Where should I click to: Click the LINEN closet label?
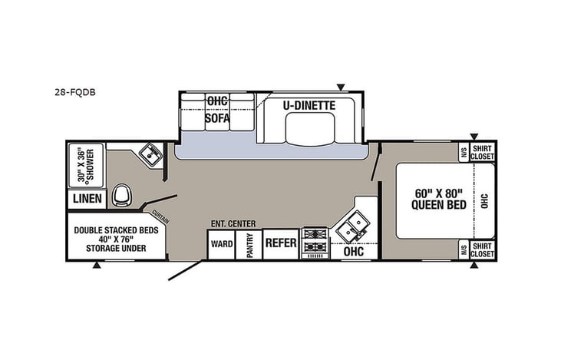[x=87, y=199]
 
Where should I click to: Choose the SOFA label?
[x=217, y=118]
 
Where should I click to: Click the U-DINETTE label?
[x=307, y=103]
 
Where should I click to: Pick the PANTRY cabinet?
[x=249, y=244]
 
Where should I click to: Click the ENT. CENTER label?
[x=233, y=223]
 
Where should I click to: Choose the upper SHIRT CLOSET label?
[x=482, y=152]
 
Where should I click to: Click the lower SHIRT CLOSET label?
[x=482, y=249]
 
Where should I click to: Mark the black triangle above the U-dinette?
[x=342, y=87]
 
